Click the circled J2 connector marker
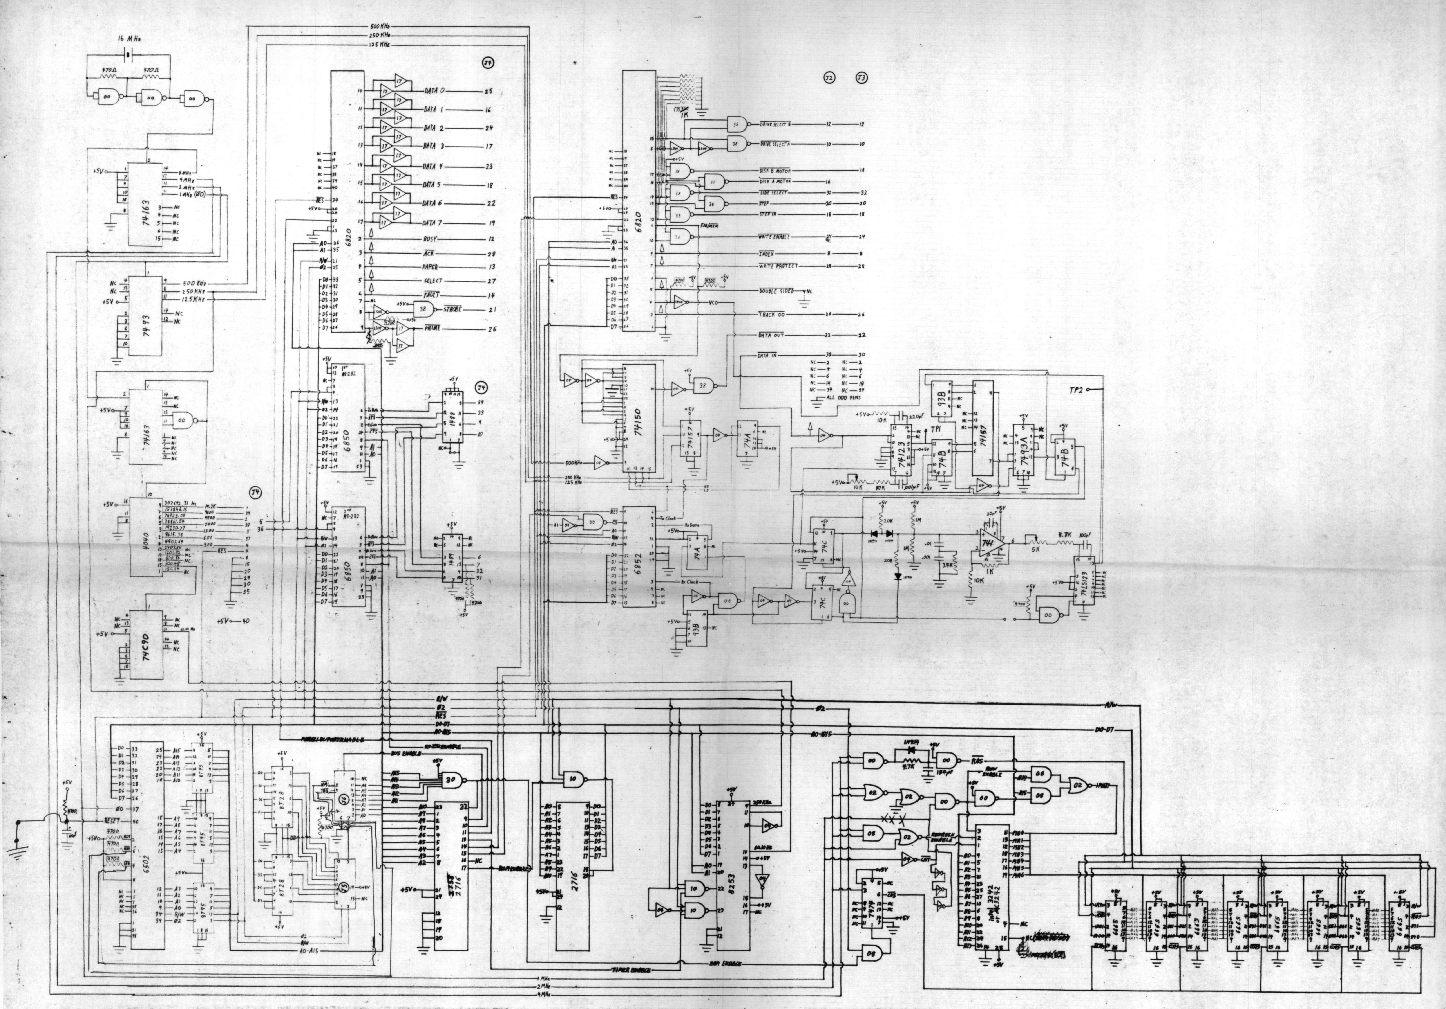(829, 78)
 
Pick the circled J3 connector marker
(861, 78)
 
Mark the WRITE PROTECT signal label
(778, 266)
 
